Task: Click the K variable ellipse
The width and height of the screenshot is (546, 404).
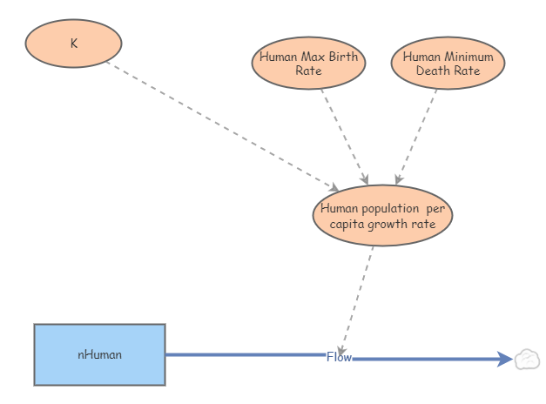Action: coord(73,42)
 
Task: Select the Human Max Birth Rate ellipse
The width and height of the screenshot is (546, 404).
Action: coord(309,64)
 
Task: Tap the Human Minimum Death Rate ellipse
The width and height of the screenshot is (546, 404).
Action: coord(448,64)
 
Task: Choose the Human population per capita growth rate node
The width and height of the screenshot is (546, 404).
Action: coord(382,216)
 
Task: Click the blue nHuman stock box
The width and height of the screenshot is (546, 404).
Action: coord(99,354)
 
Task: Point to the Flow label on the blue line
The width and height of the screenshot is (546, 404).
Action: coord(339,357)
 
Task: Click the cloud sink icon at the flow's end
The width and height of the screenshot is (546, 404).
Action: coord(527,359)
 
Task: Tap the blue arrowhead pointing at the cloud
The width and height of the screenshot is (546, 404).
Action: coord(505,359)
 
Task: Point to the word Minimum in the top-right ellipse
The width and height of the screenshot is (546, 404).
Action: coord(469,57)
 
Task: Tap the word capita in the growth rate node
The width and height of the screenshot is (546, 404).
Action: coord(350,224)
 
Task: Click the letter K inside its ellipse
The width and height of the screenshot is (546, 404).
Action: coord(73,42)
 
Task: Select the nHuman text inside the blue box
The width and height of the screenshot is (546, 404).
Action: coord(99,354)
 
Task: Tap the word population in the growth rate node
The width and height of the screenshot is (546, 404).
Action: coord(392,209)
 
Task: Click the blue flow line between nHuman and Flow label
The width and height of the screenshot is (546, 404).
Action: coord(244,354)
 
